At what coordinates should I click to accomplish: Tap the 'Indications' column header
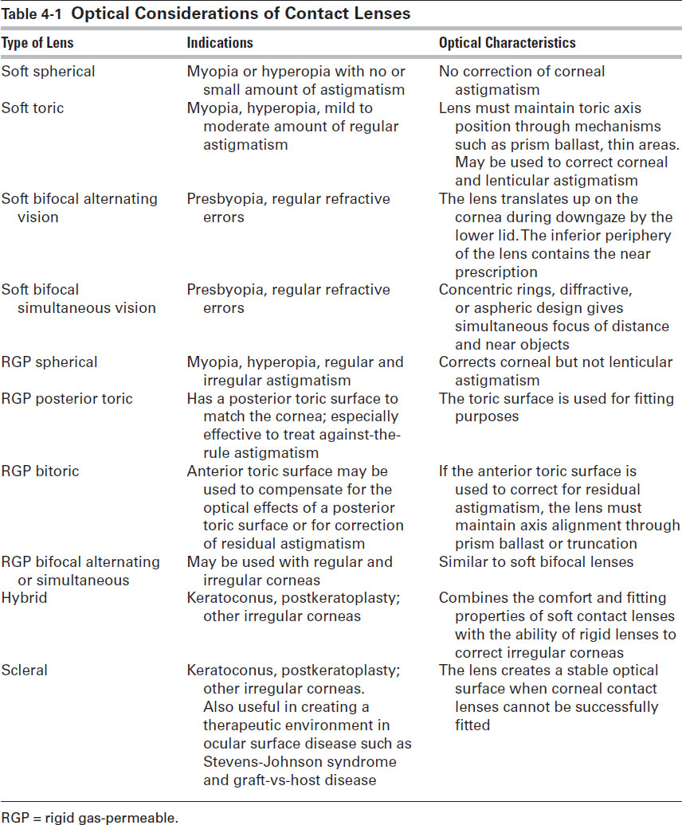[220, 43]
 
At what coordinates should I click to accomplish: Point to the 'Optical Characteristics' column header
[508, 43]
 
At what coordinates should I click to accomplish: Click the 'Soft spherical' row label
[48, 72]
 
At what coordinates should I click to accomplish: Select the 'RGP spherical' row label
[49, 362]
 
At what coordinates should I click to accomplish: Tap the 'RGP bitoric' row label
[40, 471]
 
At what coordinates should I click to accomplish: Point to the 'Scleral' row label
[25, 670]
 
